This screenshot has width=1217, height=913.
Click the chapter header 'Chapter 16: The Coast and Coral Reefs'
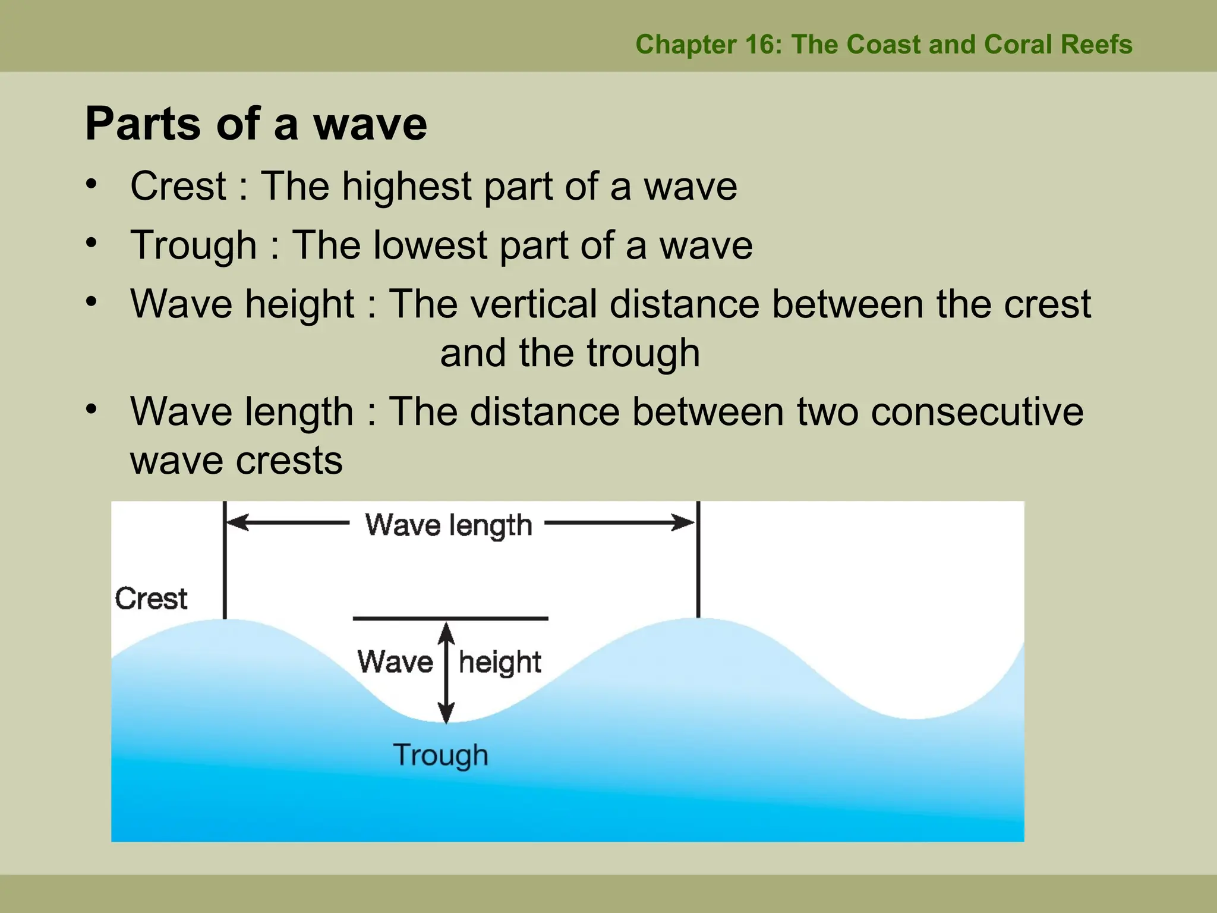(x=884, y=45)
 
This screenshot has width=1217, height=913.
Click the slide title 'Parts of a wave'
(x=256, y=124)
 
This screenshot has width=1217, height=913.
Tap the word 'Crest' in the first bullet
(x=178, y=186)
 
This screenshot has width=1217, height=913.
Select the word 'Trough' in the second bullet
(x=193, y=245)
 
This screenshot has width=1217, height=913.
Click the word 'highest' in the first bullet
(x=406, y=186)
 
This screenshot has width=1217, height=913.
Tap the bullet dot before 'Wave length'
(x=91, y=409)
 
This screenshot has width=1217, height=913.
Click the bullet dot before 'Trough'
(x=91, y=243)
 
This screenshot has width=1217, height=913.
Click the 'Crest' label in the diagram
(x=151, y=599)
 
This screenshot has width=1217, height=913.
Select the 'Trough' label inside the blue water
(x=440, y=755)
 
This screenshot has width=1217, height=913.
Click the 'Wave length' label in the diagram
(x=448, y=525)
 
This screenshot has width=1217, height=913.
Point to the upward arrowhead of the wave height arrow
(x=447, y=632)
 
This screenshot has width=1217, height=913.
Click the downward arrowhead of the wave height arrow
(x=447, y=712)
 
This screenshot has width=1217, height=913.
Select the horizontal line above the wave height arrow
(x=450, y=619)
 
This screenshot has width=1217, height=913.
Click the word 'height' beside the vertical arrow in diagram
(x=500, y=663)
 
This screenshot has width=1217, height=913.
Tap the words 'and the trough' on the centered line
(x=570, y=353)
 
